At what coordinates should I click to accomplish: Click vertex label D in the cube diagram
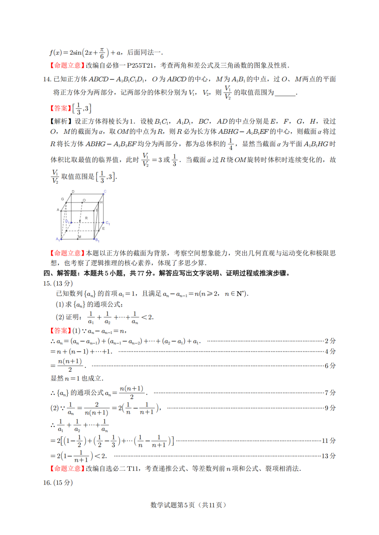pos(73,192)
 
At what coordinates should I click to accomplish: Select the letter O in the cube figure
pos(84,200)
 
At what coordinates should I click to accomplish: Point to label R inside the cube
pos(86,218)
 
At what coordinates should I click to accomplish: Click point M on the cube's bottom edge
pos(79,237)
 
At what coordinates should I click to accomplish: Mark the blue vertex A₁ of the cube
pos(60,239)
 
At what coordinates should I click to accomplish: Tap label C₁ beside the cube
pos(107,223)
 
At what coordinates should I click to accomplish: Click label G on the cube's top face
pos(62,199)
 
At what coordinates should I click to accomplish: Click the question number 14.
pos(47,79)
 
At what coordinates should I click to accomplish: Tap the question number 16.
pos(47,482)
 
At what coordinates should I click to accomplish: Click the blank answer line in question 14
pos(285,93)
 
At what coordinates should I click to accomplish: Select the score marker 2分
pos(330,341)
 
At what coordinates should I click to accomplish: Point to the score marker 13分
pos(328,456)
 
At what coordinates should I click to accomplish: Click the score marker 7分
pos(330,392)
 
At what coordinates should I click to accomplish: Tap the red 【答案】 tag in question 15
pos(60,331)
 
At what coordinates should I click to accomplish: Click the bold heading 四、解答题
pos(63,273)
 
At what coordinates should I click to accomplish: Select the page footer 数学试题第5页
pos(172,505)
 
